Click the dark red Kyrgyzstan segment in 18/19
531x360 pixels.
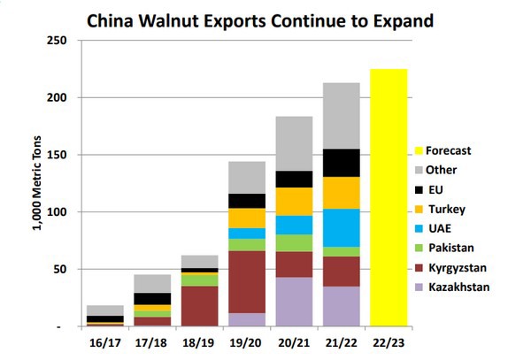click(199, 305)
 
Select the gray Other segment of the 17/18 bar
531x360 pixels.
click(154, 283)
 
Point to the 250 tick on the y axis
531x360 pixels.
click(58, 41)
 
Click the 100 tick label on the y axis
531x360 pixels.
click(58, 212)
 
